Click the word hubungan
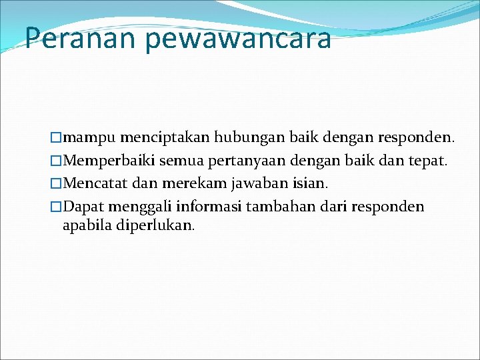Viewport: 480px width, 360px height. [256, 138]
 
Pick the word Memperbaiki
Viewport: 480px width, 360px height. [107, 161]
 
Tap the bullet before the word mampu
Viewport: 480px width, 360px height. [56, 139]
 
